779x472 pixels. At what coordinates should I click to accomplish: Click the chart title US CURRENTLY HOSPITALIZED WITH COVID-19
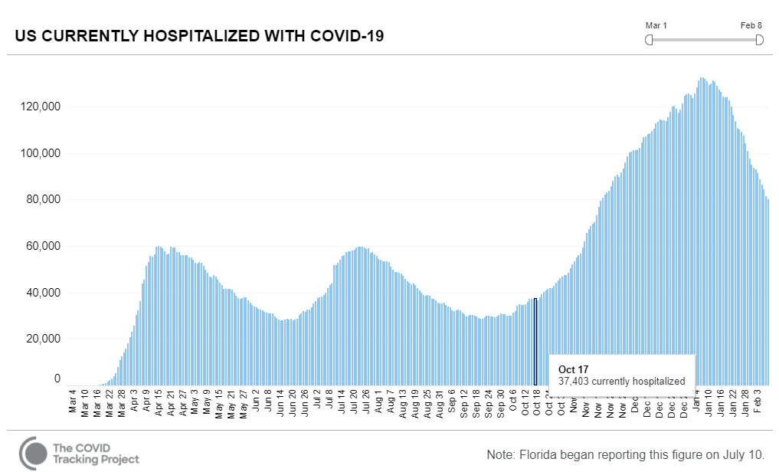(x=199, y=36)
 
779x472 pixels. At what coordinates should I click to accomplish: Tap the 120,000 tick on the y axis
(x=39, y=107)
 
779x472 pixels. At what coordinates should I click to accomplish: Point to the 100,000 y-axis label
(x=39, y=153)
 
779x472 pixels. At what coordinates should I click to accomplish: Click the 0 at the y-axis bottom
(x=57, y=379)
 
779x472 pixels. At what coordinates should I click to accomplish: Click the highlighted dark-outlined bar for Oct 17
(x=535, y=342)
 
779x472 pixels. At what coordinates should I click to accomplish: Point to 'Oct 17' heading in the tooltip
(x=573, y=369)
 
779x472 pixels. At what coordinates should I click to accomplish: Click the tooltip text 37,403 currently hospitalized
(x=621, y=381)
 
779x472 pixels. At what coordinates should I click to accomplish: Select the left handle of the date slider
(x=649, y=40)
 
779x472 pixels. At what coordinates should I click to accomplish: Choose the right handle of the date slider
(x=759, y=40)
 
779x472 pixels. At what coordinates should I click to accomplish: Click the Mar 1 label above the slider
(x=656, y=25)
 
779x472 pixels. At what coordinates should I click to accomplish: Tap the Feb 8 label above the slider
(x=751, y=25)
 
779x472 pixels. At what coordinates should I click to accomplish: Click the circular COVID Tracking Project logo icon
(x=33, y=453)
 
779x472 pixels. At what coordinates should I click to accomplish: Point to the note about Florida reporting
(x=625, y=454)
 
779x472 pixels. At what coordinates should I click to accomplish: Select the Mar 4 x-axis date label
(x=73, y=402)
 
